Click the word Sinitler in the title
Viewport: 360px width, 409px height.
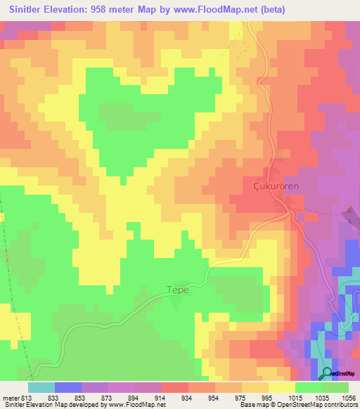click(x=32, y=9)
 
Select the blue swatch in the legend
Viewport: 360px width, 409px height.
click(x=67, y=387)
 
